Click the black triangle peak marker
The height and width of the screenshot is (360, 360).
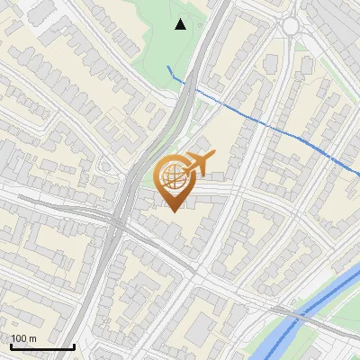(x=181, y=24)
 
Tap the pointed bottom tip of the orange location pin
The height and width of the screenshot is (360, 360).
(x=174, y=211)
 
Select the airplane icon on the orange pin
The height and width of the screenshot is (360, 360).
(x=196, y=164)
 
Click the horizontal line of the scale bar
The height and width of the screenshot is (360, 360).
(x=41, y=346)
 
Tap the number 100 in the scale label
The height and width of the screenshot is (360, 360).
(x=19, y=338)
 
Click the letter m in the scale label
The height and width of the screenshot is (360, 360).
(x=33, y=338)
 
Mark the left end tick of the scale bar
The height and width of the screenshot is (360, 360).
(x=10, y=345)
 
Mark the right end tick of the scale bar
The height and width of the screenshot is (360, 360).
(x=74, y=345)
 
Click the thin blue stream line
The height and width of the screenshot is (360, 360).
(x=261, y=121)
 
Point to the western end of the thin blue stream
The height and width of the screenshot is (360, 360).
(x=168, y=67)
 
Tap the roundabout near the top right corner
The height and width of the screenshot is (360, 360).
(x=291, y=26)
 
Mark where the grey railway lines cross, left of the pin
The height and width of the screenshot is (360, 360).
(x=118, y=221)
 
